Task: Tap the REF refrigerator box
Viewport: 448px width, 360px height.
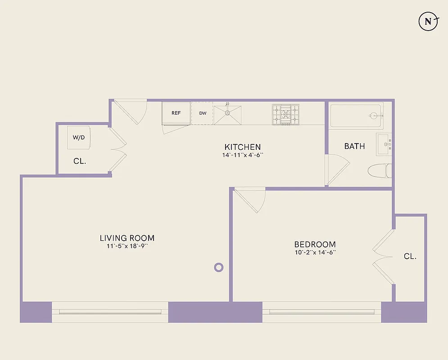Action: coord(176,113)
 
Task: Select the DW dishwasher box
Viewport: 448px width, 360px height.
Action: coord(203,113)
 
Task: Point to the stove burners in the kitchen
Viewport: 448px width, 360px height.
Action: coord(285,114)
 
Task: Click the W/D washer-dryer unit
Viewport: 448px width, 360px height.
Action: coord(79,137)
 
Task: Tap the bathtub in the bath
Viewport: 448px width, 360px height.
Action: coord(357,116)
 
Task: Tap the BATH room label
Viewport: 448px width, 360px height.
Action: coord(354,146)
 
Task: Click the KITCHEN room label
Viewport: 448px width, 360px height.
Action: coord(243,147)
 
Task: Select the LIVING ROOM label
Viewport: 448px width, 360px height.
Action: coord(127,238)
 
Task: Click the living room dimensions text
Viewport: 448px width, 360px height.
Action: coord(127,246)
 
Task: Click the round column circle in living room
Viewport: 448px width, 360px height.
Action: coord(218,267)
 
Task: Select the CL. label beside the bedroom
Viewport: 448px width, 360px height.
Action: coord(410,256)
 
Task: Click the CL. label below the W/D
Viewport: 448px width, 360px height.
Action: coord(80,161)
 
